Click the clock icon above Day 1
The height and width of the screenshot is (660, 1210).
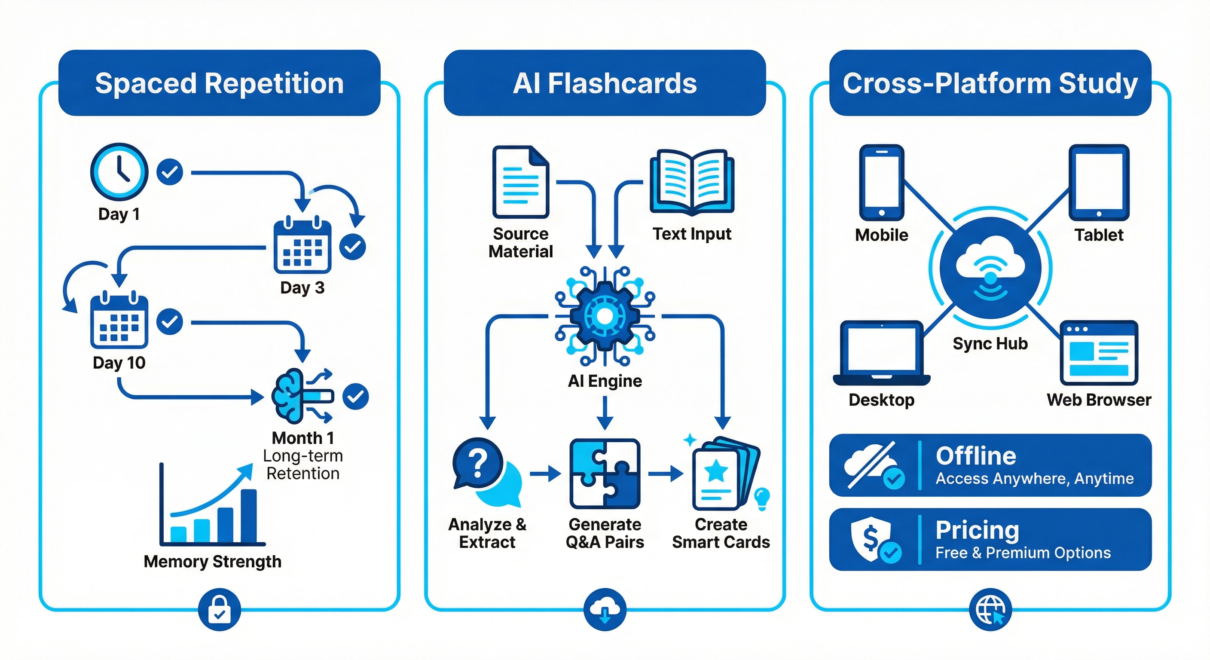tap(119, 172)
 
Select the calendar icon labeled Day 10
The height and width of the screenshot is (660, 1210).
tap(119, 320)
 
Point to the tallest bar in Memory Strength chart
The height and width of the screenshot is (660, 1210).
tap(248, 516)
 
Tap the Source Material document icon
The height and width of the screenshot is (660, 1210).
tap(520, 182)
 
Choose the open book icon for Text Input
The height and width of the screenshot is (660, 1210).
tap(692, 182)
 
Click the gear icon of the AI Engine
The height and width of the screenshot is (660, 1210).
tap(605, 316)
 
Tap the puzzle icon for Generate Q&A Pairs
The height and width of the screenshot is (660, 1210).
tap(605, 474)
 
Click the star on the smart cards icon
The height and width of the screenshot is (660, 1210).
tap(716, 470)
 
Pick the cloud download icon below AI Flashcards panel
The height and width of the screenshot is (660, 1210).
tap(605, 609)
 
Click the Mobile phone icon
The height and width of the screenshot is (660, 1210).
tap(882, 182)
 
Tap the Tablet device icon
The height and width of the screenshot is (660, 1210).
tap(1099, 182)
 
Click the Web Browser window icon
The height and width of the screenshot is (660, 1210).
tap(1099, 353)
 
